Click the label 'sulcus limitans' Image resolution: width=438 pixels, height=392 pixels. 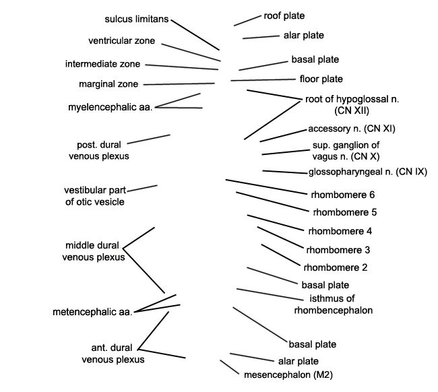(137, 19)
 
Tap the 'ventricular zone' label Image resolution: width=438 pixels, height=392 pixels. (121, 41)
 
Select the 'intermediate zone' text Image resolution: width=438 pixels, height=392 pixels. (102, 64)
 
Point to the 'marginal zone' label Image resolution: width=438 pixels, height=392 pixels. (108, 84)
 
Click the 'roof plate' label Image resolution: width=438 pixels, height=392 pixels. (284, 16)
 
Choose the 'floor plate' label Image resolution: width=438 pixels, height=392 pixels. (321, 79)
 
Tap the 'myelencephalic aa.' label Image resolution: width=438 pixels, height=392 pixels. (111, 107)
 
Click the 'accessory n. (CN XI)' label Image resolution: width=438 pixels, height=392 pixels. (352, 129)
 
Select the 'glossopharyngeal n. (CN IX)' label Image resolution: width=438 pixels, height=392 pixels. (368, 172)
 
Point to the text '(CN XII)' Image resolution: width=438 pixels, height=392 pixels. (352, 111)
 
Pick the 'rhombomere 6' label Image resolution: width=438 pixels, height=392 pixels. (343, 195)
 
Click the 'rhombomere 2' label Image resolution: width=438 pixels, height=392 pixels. (336, 267)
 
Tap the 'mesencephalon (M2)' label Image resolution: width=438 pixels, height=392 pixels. (288, 374)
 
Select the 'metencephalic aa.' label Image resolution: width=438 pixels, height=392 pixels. (92, 312)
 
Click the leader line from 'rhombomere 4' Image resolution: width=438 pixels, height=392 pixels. (276, 223)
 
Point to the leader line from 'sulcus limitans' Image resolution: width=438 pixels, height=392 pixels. (195, 35)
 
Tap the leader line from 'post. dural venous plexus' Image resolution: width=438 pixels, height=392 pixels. (149, 139)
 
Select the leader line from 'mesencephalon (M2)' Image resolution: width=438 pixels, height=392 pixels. (230, 367)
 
